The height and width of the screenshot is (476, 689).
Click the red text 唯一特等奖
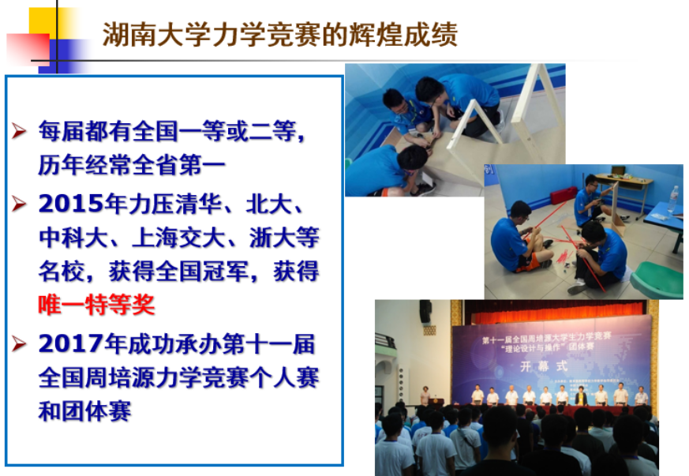pyautogui.click(x=97, y=305)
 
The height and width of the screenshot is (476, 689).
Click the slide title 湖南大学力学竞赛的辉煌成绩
pyautogui.click(x=280, y=36)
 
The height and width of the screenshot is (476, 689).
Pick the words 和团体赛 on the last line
pyautogui.click(x=84, y=411)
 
